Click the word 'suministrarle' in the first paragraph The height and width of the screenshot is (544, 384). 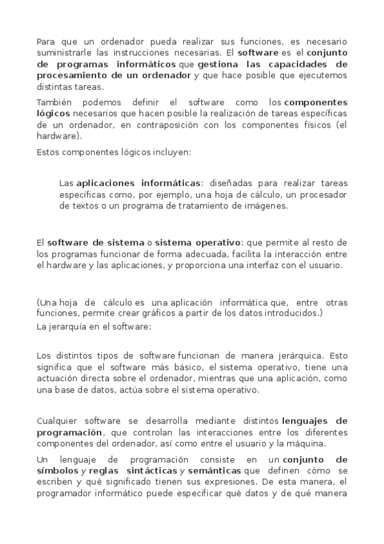pyautogui.click(x=62, y=53)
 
